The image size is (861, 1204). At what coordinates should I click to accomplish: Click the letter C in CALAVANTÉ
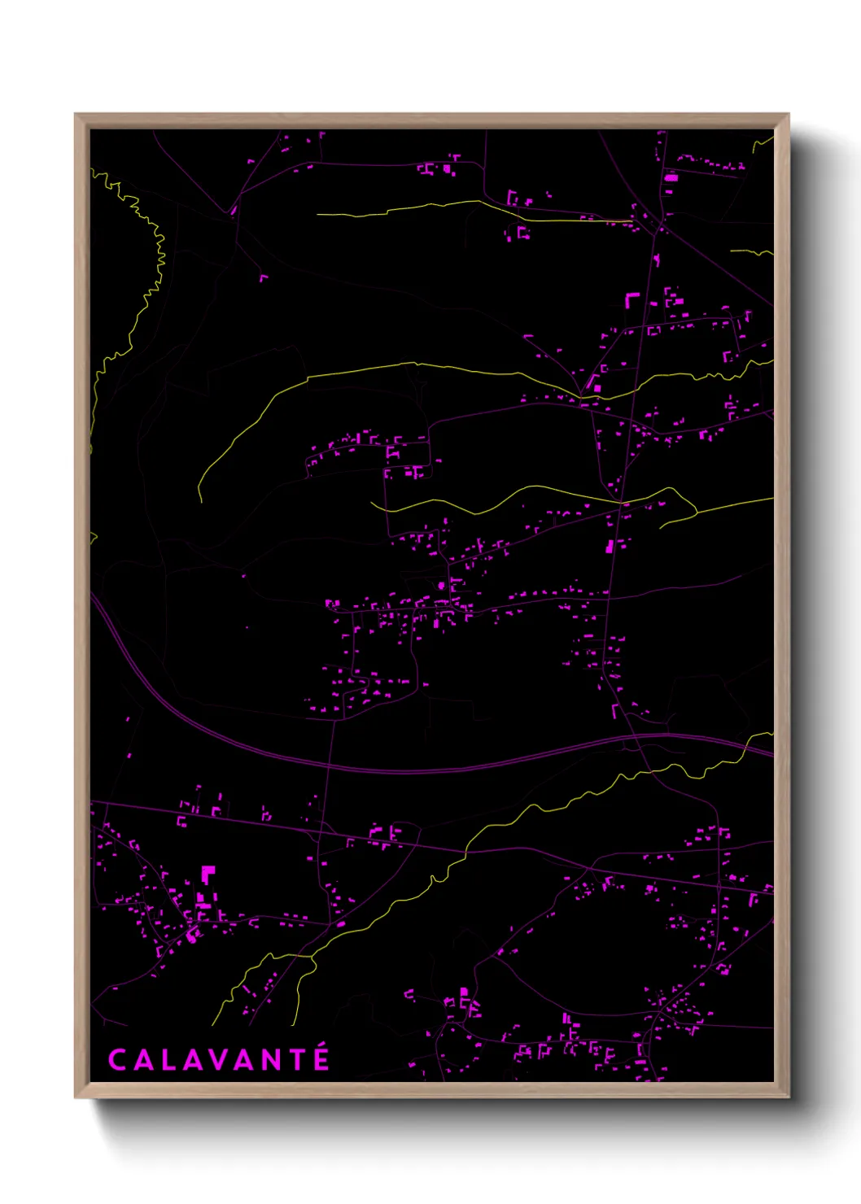point(117,1060)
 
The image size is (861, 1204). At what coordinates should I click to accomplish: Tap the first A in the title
point(142,1060)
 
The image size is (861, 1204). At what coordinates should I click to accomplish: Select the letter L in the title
point(168,1060)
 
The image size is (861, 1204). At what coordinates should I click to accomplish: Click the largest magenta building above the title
point(208,875)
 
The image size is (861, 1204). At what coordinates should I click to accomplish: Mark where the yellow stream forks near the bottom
point(312,958)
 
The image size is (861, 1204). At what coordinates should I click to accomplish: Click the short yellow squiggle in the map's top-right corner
point(763,143)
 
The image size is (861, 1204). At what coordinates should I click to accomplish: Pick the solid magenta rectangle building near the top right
point(671,177)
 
